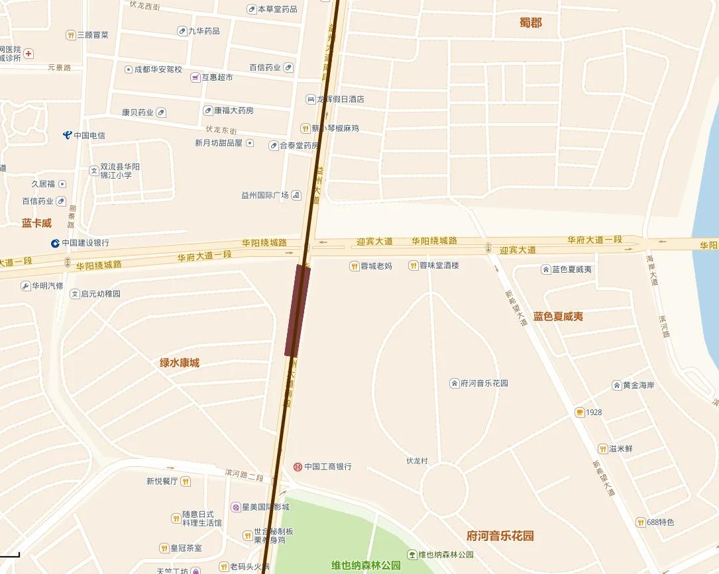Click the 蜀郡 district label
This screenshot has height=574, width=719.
tap(530, 23)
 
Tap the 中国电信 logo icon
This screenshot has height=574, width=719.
tap(67, 135)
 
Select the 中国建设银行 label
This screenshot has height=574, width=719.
tap(85, 243)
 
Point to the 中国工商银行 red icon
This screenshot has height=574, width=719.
tap(298, 467)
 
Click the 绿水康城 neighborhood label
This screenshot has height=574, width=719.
tap(179, 363)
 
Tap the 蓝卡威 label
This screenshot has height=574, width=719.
tap(36, 223)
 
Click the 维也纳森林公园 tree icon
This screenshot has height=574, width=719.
tap(412, 555)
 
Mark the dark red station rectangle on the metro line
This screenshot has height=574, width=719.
tap(298, 310)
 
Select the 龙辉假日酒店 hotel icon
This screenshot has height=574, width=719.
tap(310, 99)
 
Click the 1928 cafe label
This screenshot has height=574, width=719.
tap(594, 412)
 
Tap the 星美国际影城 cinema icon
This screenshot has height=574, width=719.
tap(235, 507)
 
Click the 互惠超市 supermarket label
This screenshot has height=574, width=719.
tap(217, 77)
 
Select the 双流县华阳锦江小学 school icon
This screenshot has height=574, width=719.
tap(93, 171)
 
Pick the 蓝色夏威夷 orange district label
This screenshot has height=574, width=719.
tap(558, 316)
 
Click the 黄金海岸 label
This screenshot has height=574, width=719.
tap(638, 385)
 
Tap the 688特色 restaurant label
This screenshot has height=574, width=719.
tap(661, 522)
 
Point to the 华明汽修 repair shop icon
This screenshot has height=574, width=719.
tap(26, 286)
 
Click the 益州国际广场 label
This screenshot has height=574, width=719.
tap(265, 195)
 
